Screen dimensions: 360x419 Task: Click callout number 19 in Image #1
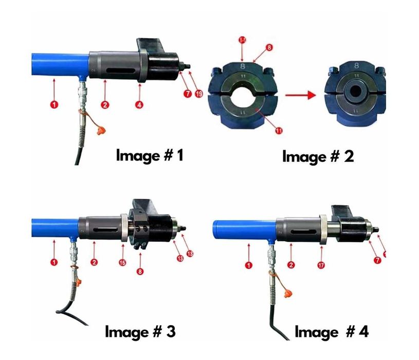click(199, 94)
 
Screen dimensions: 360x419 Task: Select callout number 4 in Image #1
click(139, 104)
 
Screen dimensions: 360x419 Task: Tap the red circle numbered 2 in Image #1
click(105, 104)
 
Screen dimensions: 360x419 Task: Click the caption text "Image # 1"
click(149, 155)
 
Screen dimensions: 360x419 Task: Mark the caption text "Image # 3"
click(140, 331)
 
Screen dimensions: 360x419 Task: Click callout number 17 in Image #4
click(322, 265)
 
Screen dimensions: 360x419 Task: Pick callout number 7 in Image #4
click(377, 260)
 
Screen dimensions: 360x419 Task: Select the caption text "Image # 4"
click(331, 332)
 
